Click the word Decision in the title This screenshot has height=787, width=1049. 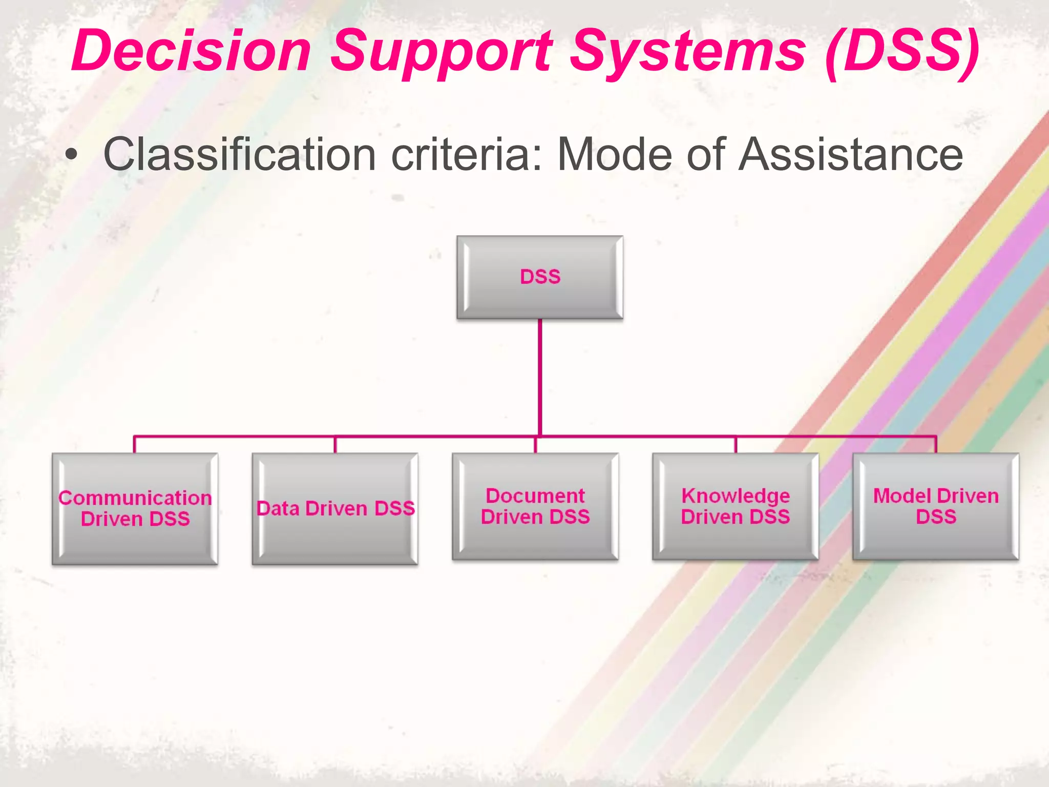[191, 51]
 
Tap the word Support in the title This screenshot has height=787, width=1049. [442, 51]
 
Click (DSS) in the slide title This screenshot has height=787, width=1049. [903, 51]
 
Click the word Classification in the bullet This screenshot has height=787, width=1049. [240, 155]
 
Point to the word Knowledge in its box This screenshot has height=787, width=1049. [736, 496]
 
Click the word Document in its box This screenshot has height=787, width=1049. [535, 496]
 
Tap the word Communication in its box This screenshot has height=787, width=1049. [135, 498]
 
